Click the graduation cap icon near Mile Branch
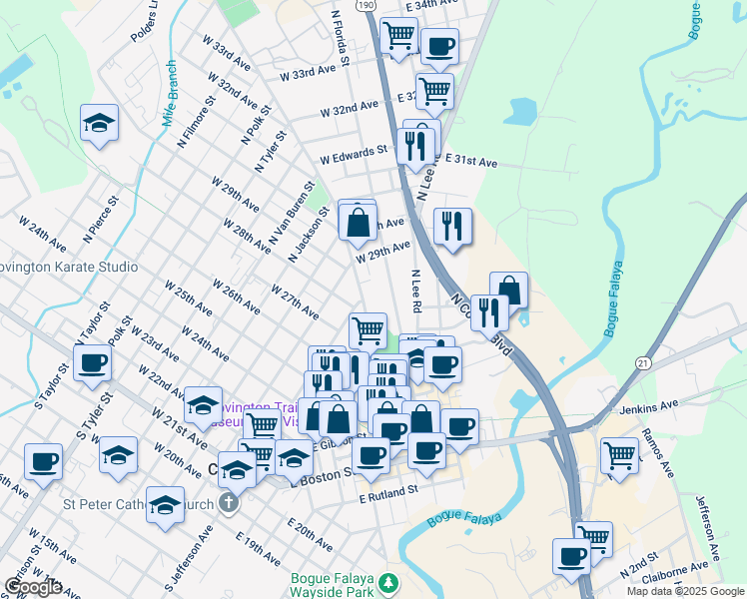point(99,123)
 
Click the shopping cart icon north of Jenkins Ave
point(619,454)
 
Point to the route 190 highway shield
point(367,5)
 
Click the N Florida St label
point(340,40)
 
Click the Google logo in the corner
point(32,587)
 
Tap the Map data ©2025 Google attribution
point(684,591)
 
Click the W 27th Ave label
point(295,301)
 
